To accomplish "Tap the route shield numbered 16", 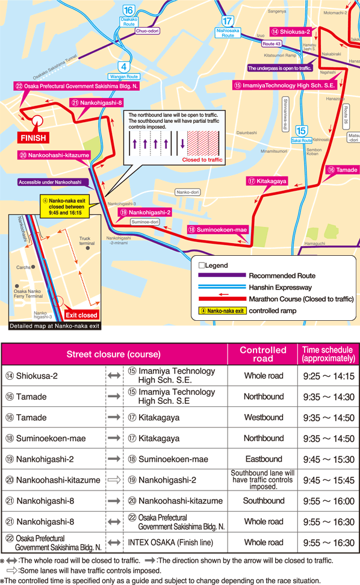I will [x=128, y=10].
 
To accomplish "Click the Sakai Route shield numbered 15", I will [x=302, y=131].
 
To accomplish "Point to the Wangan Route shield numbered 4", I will [x=123, y=66].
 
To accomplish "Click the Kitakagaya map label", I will [x=267, y=181].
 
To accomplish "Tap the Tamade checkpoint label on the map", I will [x=343, y=170].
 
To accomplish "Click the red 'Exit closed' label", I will [x=81, y=315].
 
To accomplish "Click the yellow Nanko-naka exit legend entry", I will [x=222, y=311].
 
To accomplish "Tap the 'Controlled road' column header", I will [x=263, y=354].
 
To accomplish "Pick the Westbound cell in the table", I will [x=263, y=417].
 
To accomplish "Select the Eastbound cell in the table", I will [x=263, y=459].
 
